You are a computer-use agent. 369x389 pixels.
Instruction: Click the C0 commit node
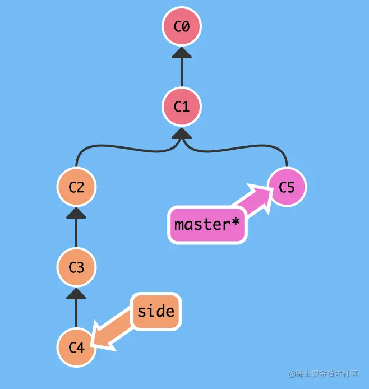point(182,26)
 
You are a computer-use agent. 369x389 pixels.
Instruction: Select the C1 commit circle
point(182,106)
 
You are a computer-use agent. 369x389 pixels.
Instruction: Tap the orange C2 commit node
point(76,187)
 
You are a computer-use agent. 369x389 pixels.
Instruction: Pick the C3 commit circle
point(76,267)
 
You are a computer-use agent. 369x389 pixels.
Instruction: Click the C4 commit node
point(76,348)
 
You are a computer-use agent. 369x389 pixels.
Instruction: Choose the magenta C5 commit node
point(287,187)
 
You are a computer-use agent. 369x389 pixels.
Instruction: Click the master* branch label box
point(207,225)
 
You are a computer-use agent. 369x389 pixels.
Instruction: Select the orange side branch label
point(156,311)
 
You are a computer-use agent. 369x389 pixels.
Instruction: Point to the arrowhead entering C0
point(182,53)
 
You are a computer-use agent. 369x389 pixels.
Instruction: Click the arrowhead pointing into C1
point(182,133)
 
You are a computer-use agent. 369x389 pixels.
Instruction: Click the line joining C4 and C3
point(76,314)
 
